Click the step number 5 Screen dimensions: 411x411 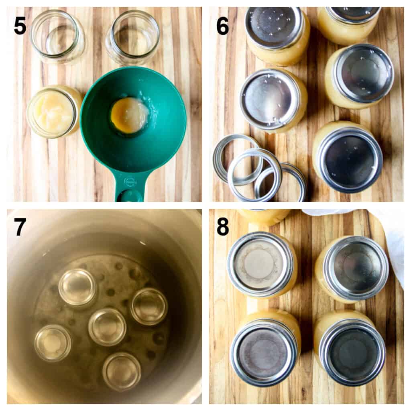(20, 26)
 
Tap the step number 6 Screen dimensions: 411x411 (222, 26)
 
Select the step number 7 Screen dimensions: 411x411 (20, 227)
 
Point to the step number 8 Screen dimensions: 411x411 (222, 227)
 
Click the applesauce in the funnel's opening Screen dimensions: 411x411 (129, 115)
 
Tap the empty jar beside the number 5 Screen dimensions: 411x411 (57, 36)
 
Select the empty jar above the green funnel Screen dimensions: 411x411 (132, 37)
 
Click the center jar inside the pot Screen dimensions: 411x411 (107, 326)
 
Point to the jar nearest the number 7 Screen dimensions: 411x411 (78, 287)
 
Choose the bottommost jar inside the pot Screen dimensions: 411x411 (122, 371)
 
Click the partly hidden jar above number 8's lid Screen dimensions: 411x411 (263, 216)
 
